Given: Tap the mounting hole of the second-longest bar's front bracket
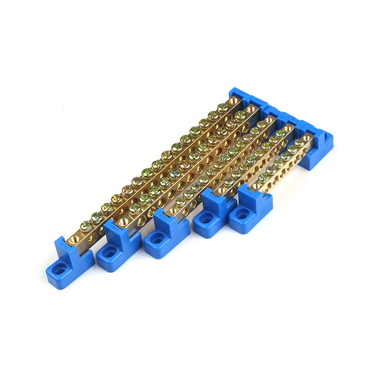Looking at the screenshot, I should point(109,252).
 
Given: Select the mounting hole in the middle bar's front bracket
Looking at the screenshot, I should point(157,239).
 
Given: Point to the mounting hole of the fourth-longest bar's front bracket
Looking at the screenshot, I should point(206,220).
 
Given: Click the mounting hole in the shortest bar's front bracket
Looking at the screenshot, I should point(242,214).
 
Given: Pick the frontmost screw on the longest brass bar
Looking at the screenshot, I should point(86,226).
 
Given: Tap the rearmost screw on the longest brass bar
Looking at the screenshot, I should point(223,108).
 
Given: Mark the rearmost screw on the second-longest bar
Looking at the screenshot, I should point(240,117).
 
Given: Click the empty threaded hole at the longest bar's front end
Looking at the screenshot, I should point(76,238).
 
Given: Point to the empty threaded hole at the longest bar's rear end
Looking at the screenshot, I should point(234,101).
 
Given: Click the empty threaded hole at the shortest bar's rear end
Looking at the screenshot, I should point(306,138).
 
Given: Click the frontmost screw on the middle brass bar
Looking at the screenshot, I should point(181,201).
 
